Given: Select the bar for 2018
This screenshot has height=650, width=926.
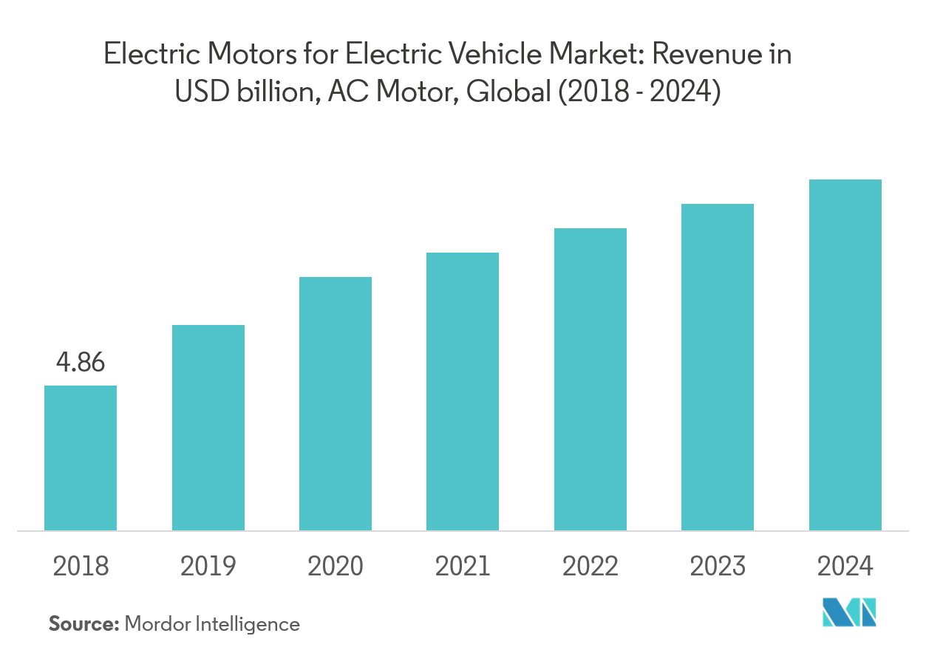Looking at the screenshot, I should point(81,457).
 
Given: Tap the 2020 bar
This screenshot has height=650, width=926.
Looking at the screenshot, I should point(336,403).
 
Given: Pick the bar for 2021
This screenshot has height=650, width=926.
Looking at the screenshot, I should point(463,391).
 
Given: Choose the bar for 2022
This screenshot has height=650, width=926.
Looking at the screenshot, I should point(590,379).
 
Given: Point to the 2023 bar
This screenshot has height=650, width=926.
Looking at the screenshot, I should point(718,366).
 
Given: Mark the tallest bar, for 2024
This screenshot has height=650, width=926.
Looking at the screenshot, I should point(845,355).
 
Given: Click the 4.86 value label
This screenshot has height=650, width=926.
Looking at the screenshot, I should point(81,363).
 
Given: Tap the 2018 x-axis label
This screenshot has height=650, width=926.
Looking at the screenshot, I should point(81,567).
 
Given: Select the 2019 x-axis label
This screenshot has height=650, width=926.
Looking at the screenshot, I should point(208,567).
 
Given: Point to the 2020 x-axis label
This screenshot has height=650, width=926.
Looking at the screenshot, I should point(336,567).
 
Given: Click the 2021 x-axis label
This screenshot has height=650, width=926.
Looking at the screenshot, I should point(463,567).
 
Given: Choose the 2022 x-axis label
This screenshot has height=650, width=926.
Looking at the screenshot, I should point(590,567).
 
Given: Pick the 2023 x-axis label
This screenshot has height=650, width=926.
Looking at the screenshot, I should point(718,567).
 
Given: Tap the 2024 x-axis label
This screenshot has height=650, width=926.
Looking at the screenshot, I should point(845,567).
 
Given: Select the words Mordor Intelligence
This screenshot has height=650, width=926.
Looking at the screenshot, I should point(212,624).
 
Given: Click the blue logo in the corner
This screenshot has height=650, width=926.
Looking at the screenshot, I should point(850,611).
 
